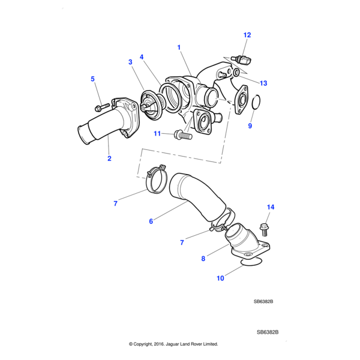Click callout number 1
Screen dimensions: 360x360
coord(178,46)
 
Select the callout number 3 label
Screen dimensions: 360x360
coord(130,61)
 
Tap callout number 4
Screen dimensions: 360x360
coord(142,57)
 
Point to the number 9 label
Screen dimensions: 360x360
coord(250,126)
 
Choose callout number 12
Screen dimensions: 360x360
coord(247,35)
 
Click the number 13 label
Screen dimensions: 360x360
coord(264,82)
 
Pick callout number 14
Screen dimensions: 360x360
coord(270,207)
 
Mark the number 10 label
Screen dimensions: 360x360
coord(220,278)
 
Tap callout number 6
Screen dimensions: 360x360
coord(151,221)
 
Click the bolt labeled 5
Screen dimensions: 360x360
coord(100,107)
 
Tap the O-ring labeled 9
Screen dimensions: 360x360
coord(254,103)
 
